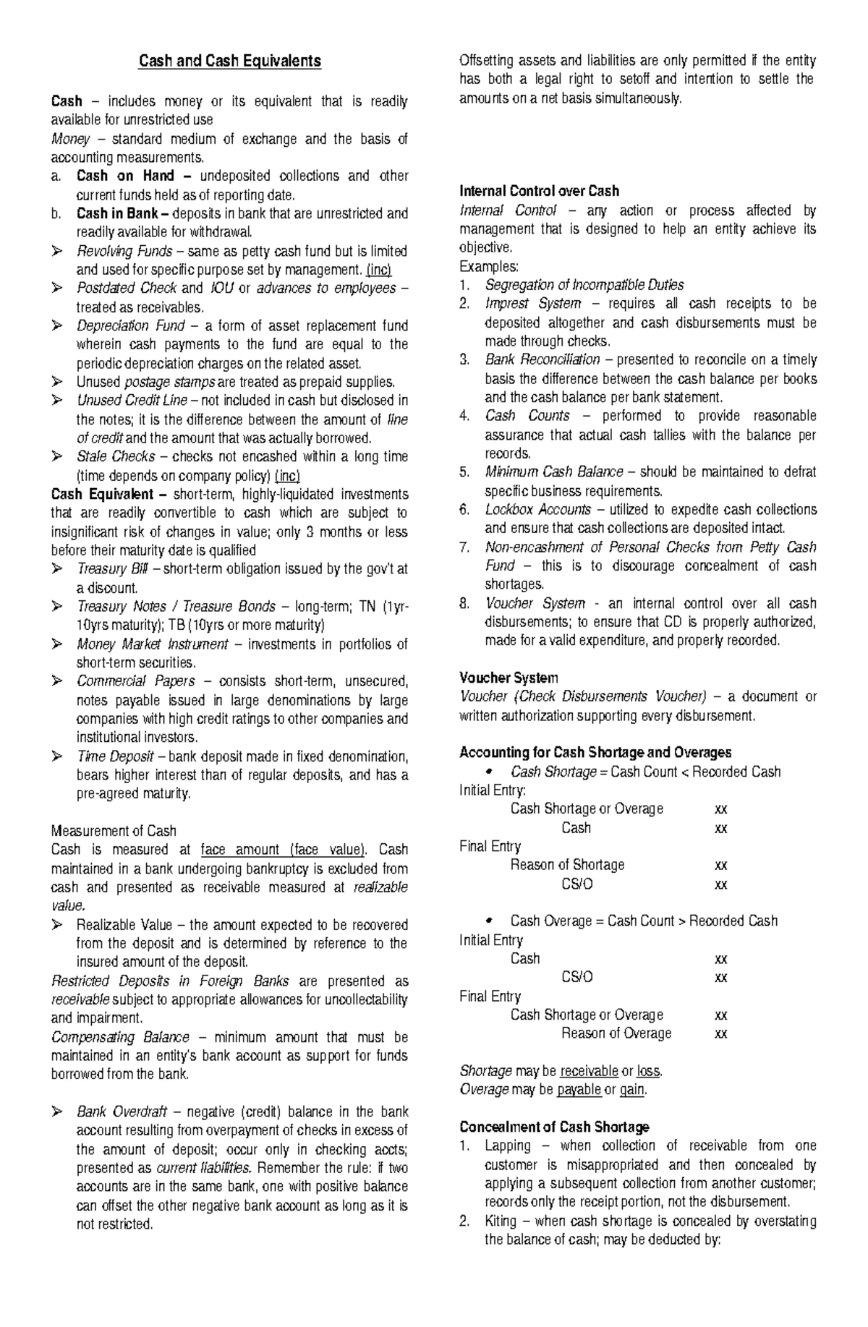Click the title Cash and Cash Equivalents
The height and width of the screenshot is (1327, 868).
click(229, 61)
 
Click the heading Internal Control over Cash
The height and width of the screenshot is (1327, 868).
click(539, 192)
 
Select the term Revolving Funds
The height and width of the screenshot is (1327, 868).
click(124, 251)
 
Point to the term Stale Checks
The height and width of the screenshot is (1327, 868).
click(116, 457)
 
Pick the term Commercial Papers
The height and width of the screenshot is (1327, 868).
click(135, 681)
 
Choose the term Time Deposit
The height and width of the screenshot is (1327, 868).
click(115, 756)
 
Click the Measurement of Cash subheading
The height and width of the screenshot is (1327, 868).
click(114, 831)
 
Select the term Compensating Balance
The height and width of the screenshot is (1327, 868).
click(120, 1037)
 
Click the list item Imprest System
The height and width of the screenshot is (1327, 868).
click(532, 304)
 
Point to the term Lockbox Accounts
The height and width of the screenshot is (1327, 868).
click(537, 510)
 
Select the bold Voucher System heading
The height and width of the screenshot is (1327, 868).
click(509, 678)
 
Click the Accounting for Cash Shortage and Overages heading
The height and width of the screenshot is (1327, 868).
click(595, 753)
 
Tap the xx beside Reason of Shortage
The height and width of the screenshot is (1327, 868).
click(720, 865)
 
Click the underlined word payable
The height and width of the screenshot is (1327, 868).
click(579, 1090)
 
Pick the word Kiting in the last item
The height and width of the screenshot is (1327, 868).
click(501, 1221)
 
